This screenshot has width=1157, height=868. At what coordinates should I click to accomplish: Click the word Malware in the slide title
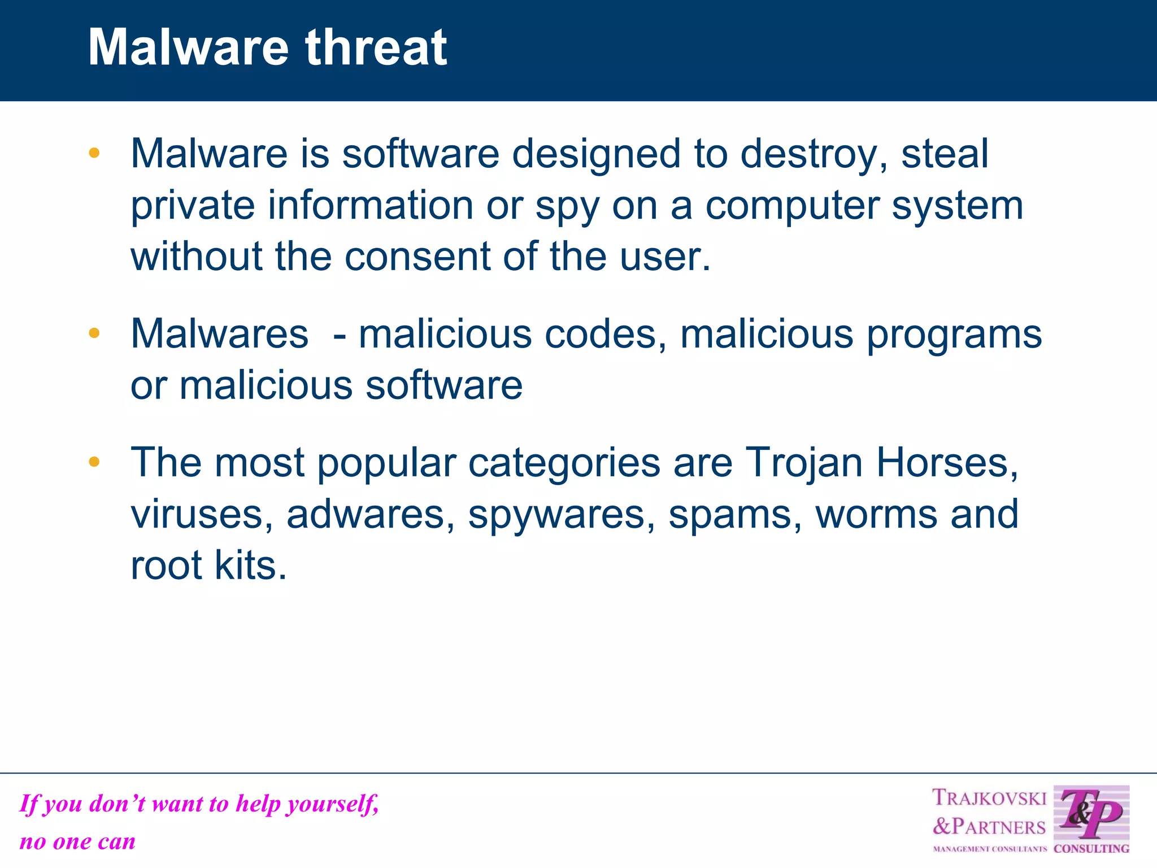188,47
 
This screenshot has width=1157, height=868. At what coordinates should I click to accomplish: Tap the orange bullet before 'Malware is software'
94,153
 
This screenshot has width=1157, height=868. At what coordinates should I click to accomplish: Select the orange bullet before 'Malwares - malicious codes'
94,333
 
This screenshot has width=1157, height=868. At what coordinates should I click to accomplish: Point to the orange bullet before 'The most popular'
94,462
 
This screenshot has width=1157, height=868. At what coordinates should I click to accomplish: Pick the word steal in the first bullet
945,154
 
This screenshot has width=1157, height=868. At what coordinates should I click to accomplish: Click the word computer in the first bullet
791,206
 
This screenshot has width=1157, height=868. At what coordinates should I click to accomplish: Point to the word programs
954,335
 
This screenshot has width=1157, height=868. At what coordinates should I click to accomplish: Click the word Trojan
804,463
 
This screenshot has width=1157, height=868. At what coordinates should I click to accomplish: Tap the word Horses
947,463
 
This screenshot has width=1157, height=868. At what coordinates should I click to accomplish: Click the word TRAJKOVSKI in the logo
989,798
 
